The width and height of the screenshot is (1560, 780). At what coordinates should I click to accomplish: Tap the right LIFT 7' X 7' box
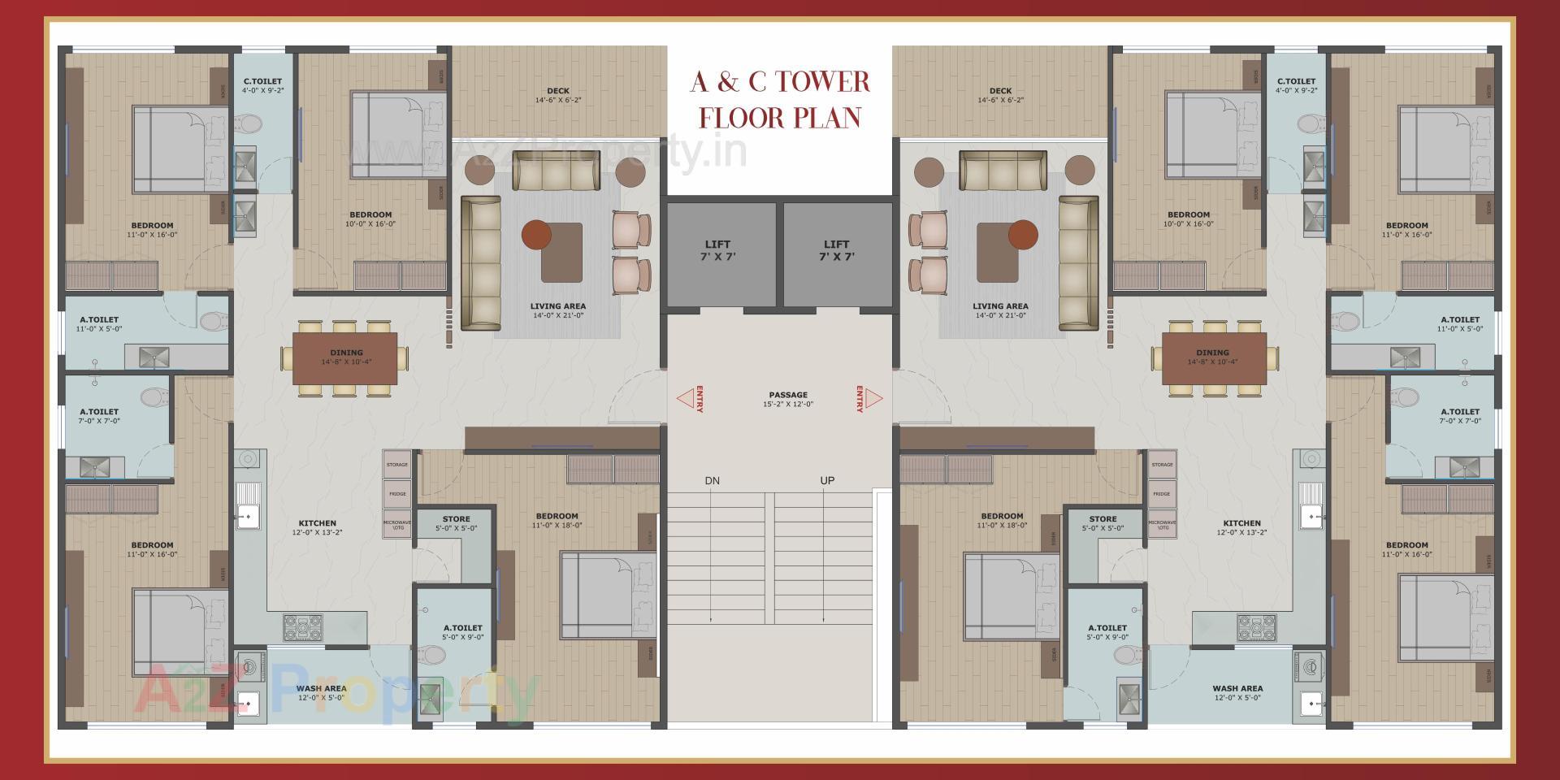tap(837, 253)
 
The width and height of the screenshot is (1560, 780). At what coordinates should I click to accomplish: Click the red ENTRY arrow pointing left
tap(685, 398)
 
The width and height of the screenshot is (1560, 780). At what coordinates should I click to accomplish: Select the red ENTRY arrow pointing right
tap(873, 398)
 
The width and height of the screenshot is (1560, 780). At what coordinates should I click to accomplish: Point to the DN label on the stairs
tap(712, 481)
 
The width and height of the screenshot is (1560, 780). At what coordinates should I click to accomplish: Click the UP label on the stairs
tap(827, 481)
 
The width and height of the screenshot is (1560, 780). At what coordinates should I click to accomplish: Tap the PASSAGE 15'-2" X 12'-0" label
tap(787, 399)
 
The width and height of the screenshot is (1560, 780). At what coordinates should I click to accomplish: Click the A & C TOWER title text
tap(780, 82)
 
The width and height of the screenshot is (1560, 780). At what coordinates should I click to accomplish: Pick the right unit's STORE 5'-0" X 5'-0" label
tap(1103, 523)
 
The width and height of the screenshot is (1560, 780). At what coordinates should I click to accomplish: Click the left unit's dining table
tap(345, 357)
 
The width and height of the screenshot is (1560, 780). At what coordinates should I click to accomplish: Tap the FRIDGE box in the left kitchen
tap(397, 494)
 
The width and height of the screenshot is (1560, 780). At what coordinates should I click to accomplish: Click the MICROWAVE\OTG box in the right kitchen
tap(1162, 524)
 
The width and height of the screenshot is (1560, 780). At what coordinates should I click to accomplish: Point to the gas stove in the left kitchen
tap(302, 626)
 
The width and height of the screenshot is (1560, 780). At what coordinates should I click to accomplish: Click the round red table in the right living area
tap(1022, 235)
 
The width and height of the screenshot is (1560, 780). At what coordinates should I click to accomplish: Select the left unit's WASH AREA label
tap(322, 692)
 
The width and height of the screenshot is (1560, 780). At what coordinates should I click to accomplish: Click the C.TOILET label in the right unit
tap(1296, 85)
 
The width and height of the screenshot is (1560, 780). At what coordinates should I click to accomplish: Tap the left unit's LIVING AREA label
tap(557, 310)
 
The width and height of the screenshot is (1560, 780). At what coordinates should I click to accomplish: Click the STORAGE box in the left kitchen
tap(397, 465)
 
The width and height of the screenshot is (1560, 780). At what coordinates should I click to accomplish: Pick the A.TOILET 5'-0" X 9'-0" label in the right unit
tap(1107, 632)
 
